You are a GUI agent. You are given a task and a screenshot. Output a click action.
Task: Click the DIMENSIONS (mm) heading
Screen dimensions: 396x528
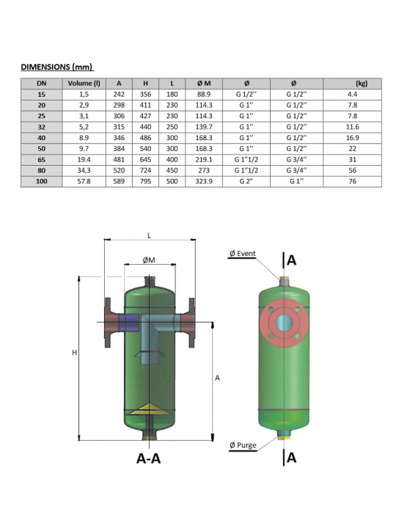[x=56, y=67]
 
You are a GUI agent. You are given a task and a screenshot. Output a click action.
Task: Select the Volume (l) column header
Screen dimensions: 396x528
[x=84, y=83]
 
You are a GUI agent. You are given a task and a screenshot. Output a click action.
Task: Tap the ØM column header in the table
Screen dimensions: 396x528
[x=204, y=83]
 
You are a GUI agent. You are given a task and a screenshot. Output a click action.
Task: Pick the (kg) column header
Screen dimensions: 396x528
[x=362, y=84]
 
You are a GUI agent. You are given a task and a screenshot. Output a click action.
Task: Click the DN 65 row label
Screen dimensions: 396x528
[x=41, y=160]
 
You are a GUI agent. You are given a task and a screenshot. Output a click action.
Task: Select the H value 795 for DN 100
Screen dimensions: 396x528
[x=145, y=181]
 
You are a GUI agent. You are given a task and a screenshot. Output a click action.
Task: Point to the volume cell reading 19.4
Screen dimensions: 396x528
[x=84, y=160]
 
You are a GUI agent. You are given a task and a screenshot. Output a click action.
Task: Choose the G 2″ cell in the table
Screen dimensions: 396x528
[x=246, y=181]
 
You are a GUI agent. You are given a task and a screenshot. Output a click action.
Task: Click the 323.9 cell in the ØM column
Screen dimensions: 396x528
[x=204, y=181]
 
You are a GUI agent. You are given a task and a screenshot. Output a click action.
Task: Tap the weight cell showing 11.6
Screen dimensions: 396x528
[x=352, y=127]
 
